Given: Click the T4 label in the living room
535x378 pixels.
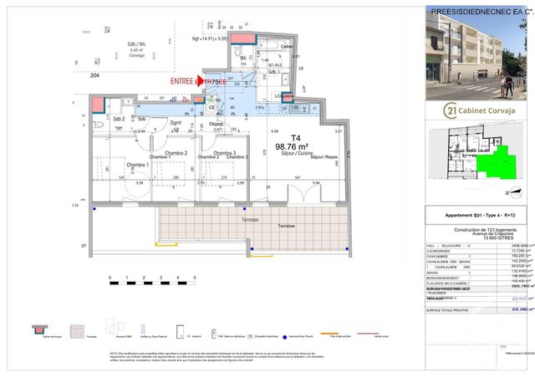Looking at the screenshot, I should point(294,137).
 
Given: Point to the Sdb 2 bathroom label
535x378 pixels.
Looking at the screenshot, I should point(118,120).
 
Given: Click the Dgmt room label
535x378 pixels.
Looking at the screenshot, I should point(176,122).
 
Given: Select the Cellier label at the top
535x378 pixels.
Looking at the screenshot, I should point(287,46).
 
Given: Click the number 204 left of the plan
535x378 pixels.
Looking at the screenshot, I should point(94,74).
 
